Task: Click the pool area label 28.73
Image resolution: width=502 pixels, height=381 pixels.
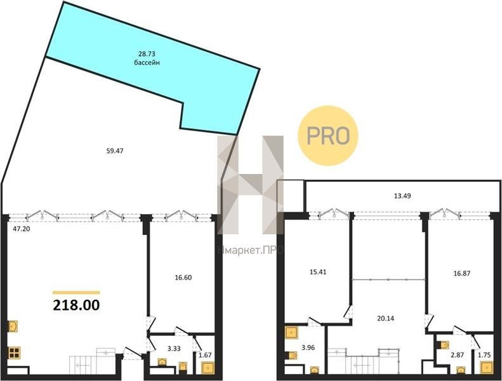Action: [147, 54]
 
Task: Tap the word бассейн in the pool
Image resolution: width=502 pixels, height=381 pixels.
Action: [147, 62]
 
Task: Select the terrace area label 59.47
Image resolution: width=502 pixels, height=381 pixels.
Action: [115, 150]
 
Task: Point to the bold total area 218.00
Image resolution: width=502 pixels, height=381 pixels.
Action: [76, 305]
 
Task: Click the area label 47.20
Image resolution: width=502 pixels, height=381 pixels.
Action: [22, 229]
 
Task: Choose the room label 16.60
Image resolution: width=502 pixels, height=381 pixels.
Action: [183, 277]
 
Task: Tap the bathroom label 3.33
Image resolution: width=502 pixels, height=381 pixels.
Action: [174, 349]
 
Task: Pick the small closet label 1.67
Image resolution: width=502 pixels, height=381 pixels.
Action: [205, 354]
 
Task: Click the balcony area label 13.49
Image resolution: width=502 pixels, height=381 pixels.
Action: [402, 196]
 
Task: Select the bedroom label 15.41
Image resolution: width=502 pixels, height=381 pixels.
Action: [318, 272]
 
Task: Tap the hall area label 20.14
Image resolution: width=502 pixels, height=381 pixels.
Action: [385, 318]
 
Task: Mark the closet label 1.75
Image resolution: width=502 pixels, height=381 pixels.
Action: [484, 355]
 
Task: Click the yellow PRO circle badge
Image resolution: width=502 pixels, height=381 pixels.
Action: [328, 135]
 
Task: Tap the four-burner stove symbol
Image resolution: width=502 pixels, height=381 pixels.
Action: [15, 352]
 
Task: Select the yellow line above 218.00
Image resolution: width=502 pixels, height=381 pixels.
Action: [76, 292]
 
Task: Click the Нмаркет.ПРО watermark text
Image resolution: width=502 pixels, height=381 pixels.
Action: [250, 250]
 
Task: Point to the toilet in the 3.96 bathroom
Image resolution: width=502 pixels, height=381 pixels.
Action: [291, 356]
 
